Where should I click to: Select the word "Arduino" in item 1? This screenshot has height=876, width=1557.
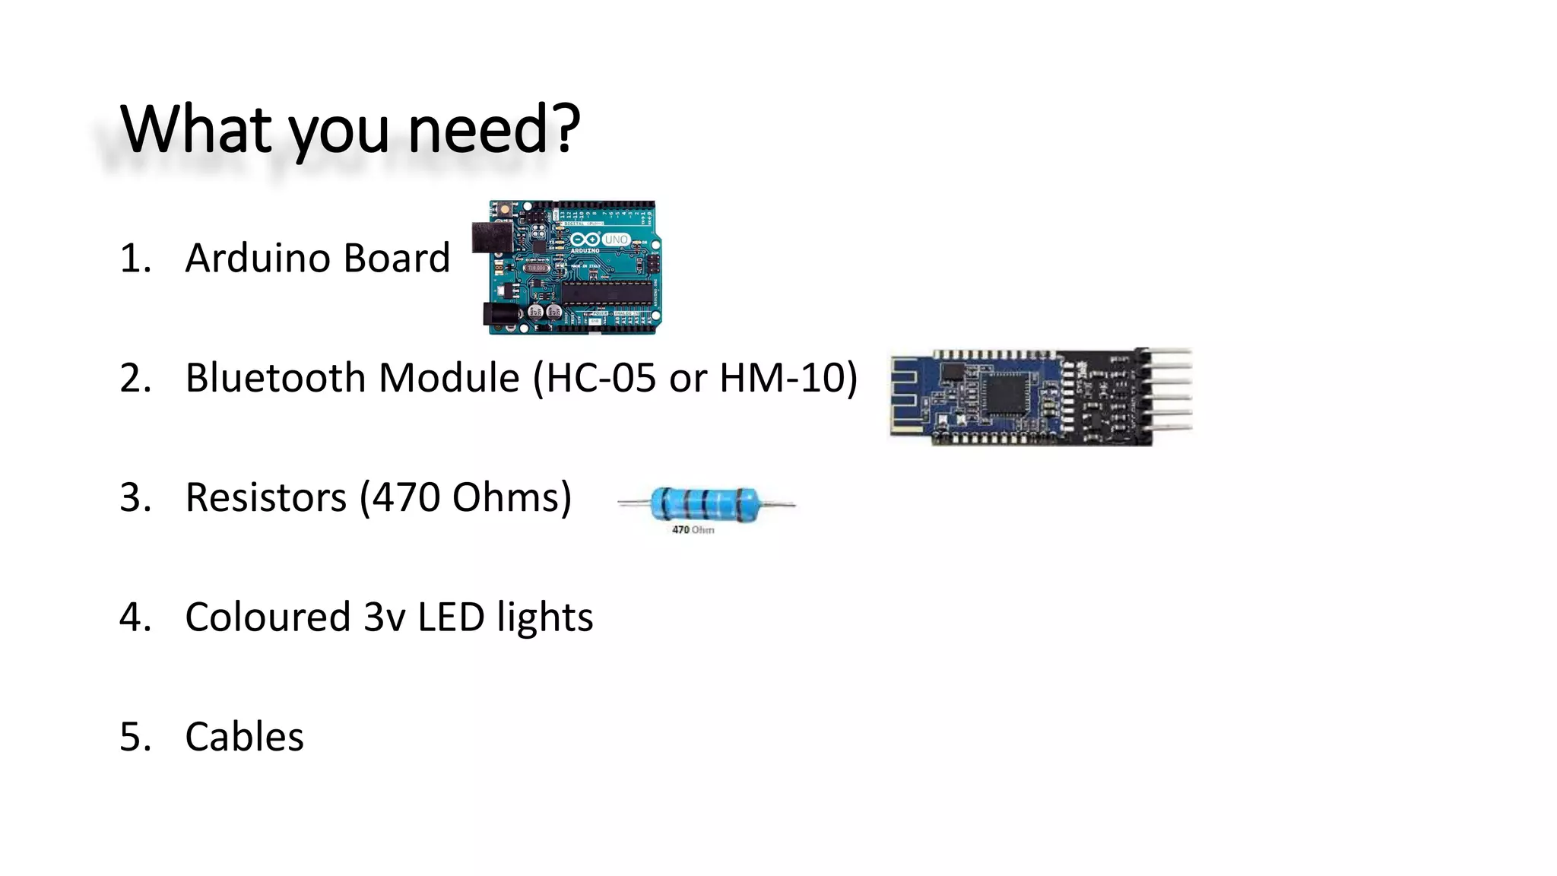tap(258, 258)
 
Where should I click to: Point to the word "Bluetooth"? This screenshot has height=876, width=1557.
tap(276, 377)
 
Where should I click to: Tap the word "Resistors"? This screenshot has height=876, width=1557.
tap(266, 497)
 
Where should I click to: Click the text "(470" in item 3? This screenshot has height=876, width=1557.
tap(399, 497)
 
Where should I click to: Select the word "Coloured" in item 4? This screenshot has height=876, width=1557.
tap(267, 617)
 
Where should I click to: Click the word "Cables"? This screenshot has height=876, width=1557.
tap(244, 736)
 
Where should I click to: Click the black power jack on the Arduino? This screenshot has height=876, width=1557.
tap(499, 314)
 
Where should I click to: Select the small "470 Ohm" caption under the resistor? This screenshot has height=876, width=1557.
tap(693, 530)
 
